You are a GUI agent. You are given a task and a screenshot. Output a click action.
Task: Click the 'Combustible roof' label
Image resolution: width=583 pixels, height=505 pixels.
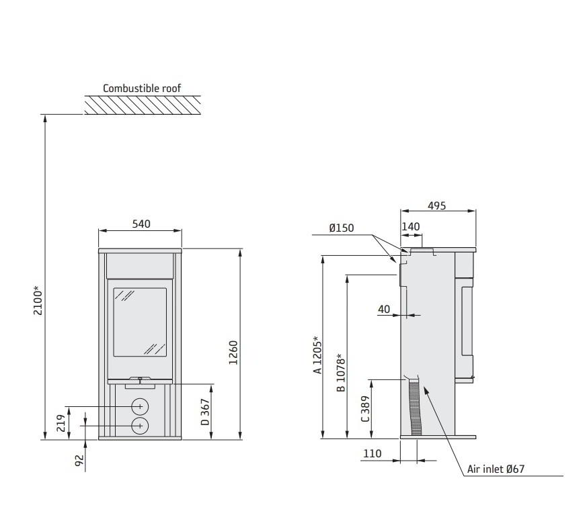[x=142, y=89]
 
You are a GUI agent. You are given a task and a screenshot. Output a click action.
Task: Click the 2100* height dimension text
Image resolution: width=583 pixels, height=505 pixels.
[x=38, y=300]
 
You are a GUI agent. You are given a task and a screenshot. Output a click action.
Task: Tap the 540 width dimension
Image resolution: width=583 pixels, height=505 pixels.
[x=141, y=224]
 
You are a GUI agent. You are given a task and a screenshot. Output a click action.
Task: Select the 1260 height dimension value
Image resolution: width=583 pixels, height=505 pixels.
[x=233, y=353]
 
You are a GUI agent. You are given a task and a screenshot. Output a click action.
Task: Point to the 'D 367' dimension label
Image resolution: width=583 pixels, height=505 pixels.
[x=205, y=412]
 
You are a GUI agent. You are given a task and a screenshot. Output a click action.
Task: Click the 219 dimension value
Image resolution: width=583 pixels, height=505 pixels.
[x=61, y=423]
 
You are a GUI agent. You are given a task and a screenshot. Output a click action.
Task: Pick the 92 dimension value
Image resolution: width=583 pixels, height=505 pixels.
[x=79, y=461]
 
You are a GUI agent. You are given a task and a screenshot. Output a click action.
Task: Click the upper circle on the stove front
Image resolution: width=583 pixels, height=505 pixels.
[x=140, y=406]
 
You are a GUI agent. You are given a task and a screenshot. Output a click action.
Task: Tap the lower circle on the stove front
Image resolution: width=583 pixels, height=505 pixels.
[x=140, y=426]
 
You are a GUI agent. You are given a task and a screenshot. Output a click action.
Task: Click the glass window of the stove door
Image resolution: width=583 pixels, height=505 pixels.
[x=140, y=322]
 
